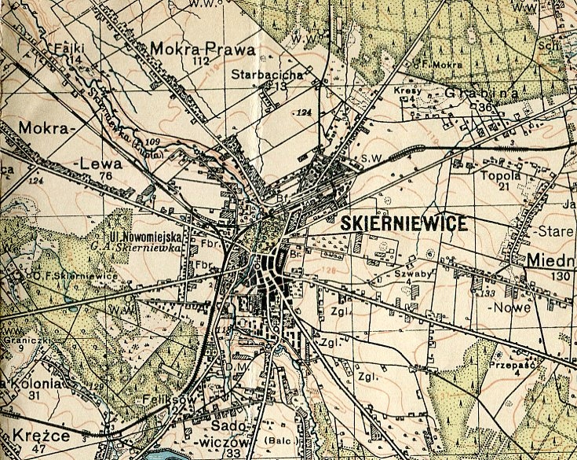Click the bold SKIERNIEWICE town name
(404, 224)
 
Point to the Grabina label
(472, 94)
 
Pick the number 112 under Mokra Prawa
(203, 61)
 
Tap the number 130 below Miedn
(561, 276)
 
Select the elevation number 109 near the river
(152, 142)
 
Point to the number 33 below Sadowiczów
(232, 453)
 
